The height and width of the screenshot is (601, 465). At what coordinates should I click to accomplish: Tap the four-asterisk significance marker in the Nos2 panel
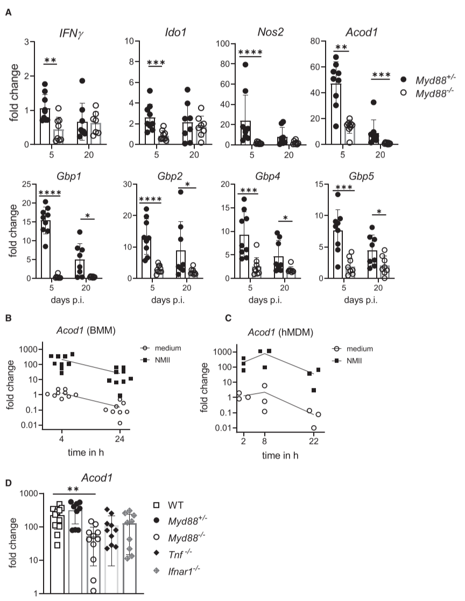[x=250, y=53]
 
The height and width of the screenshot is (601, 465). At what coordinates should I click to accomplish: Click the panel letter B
[x=8, y=318]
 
